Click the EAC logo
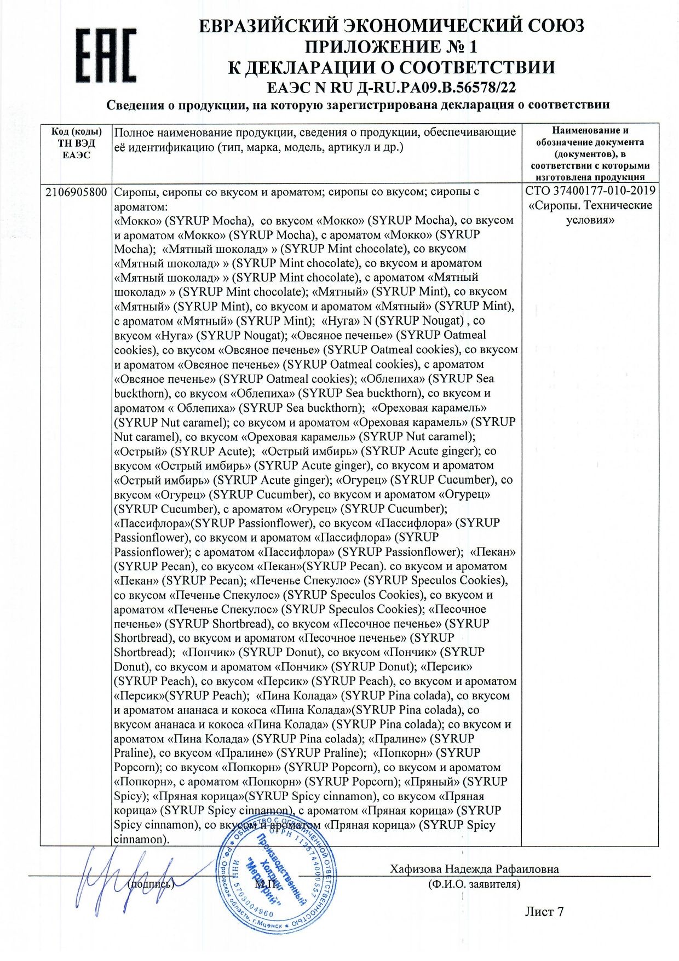106,56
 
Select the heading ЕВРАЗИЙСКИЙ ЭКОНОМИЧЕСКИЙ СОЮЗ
391,26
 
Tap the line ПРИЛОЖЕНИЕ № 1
391,47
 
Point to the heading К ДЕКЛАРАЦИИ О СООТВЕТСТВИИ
391,67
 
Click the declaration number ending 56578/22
391,87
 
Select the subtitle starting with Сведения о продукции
358,105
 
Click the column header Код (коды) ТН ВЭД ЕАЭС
76,143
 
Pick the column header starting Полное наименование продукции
315,139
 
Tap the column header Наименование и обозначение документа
590,153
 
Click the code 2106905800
76,192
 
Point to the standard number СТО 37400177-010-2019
590,191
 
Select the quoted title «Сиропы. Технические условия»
590,212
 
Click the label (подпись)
151,884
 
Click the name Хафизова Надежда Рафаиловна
474,869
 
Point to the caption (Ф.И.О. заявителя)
474,884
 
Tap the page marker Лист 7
544,911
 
